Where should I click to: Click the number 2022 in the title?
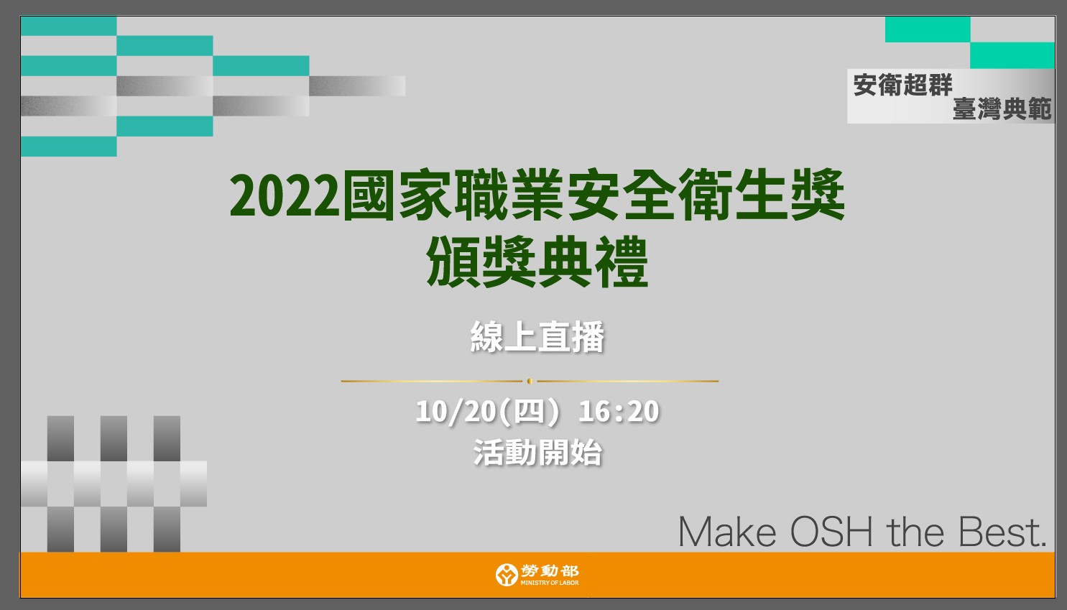(285, 195)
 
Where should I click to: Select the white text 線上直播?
(537, 337)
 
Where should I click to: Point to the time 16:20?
(619, 411)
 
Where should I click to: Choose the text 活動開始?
(537, 452)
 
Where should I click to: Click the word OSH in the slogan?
(832, 532)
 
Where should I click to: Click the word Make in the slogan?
(727, 532)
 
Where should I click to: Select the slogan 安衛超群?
(902, 86)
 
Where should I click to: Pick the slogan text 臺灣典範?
(1002, 109)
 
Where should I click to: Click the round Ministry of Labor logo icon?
(507, 574)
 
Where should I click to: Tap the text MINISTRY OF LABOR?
(550, 583)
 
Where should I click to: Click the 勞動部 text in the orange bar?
(550, 570)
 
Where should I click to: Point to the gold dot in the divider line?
(530, 381)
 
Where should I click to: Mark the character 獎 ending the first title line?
(818, 195)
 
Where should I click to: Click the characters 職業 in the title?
(509, 195)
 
